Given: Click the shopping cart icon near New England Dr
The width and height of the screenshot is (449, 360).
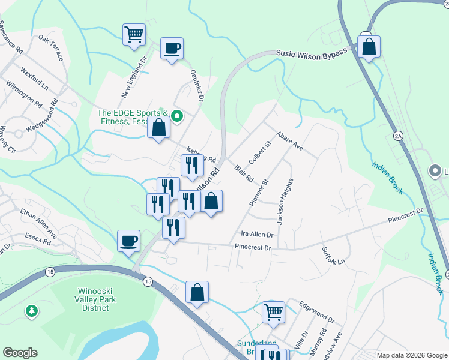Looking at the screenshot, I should click(x=134, y=34).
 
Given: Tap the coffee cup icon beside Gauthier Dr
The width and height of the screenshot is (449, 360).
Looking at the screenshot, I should click(x=172, y=47).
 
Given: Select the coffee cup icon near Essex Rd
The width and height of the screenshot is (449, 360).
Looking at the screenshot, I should click(x=128, y=241).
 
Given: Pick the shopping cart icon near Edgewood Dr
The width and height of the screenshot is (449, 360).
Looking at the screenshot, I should click(x=273, y=311).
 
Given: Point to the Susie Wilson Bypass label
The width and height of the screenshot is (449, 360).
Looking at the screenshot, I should click(x=312, y=53).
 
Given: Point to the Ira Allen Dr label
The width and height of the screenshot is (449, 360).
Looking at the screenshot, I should click(x=257, y=235).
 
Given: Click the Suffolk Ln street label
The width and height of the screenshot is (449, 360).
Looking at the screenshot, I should click(x=334, y=256).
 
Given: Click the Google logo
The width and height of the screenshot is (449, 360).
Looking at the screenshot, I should click(x=20, y=353).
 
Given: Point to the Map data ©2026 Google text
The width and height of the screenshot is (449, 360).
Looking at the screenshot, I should click(x=412, y=355).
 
